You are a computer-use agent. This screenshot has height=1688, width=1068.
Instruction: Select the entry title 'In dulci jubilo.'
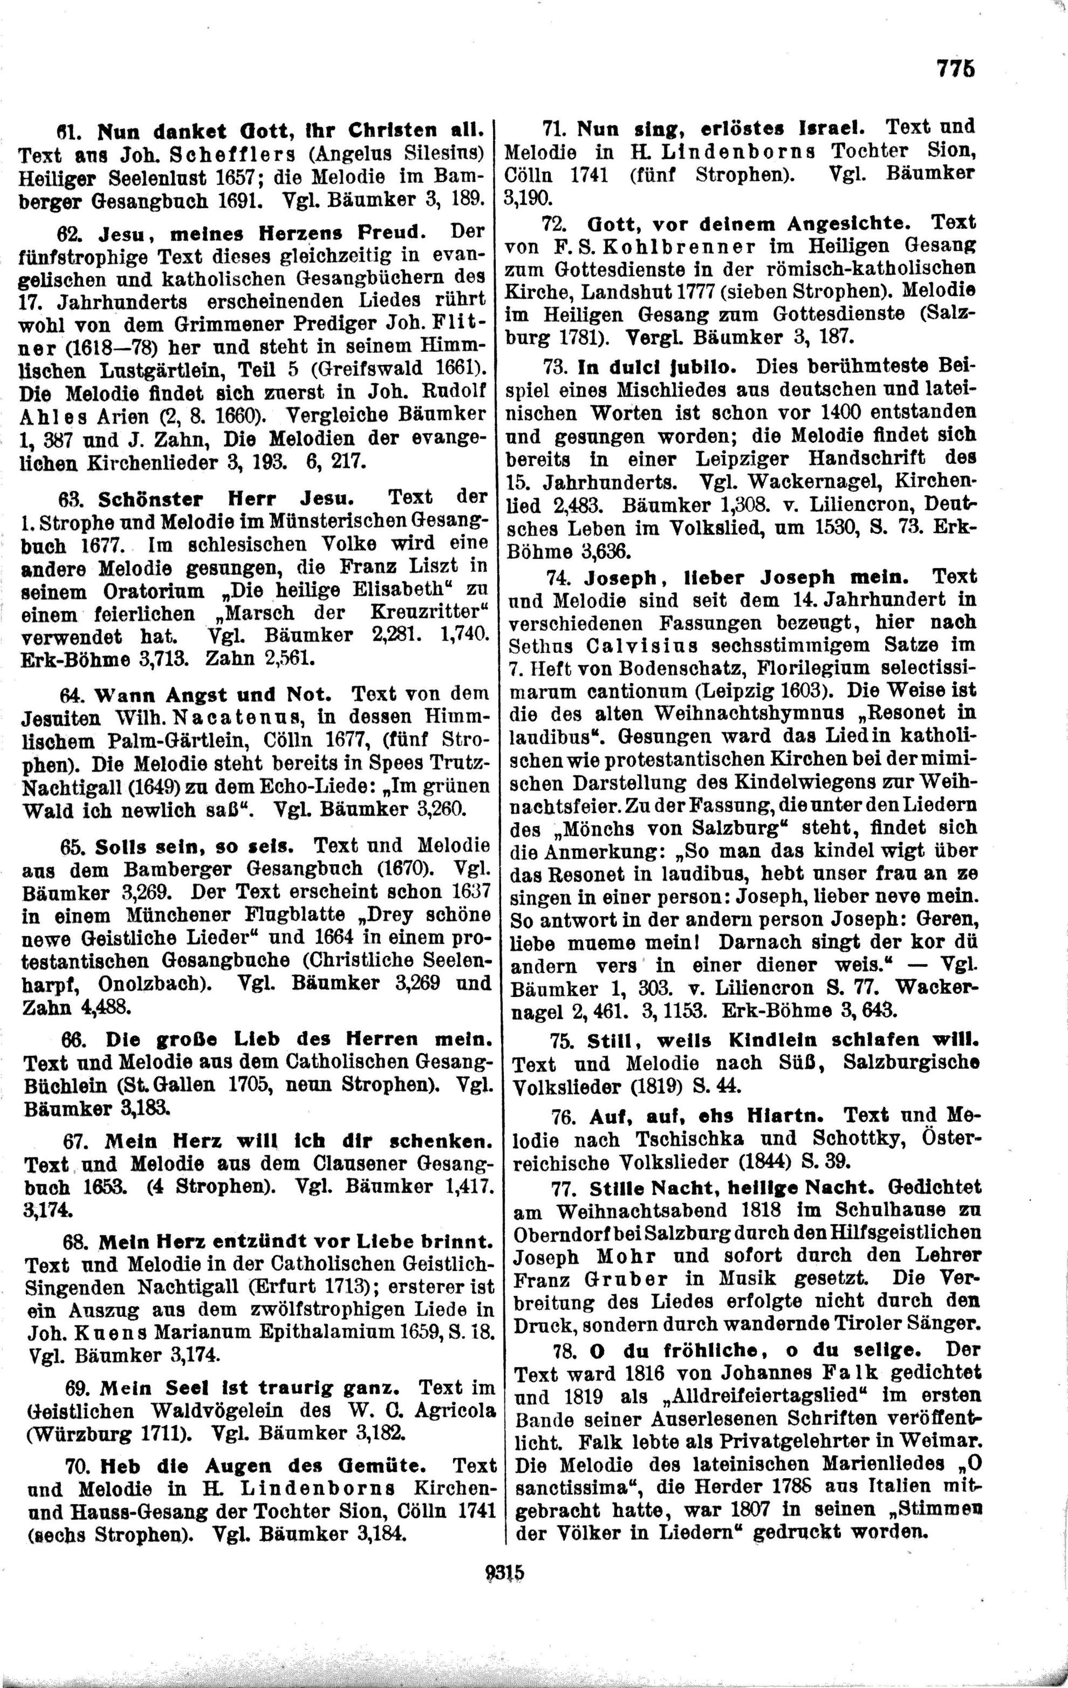[x=657, y=366]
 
